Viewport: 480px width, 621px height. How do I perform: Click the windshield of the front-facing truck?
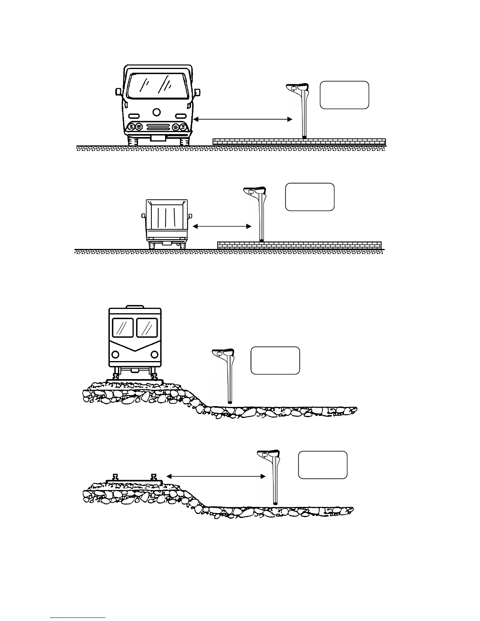tap(157, 85)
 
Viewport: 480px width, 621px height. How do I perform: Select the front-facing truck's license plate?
tap(158, 138)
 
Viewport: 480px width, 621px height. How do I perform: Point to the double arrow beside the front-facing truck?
tap(243, 119)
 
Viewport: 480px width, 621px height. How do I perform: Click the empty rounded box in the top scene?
tap(344, 95)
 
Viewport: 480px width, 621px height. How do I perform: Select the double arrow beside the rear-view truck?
tap(222, 226)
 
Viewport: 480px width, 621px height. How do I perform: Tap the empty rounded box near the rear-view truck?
tap(310, 197)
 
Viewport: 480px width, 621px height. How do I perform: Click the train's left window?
tap(123, 327)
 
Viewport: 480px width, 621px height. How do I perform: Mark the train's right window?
tap(147, 327)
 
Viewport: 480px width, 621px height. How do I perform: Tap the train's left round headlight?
tap(116, 354)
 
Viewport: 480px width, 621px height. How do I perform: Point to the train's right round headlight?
tap(155, 354)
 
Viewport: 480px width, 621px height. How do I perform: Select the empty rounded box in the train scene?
tap(275, 360)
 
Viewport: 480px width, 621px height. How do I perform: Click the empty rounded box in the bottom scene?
tap(323, 465)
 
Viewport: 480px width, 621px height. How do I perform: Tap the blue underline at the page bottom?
tap(78, 617)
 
